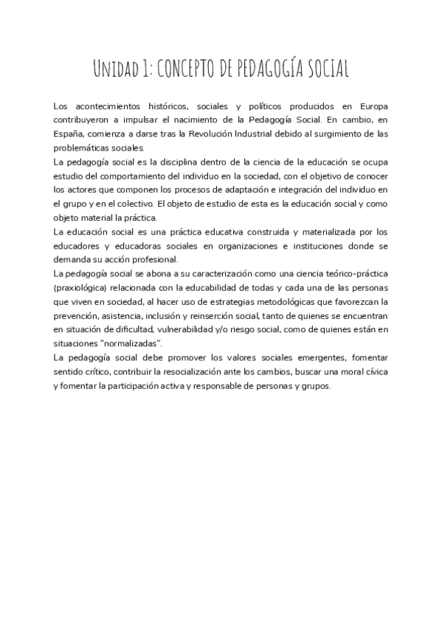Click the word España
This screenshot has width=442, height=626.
[x=70, y=134]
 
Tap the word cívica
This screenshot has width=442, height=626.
[x=374, y=371]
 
